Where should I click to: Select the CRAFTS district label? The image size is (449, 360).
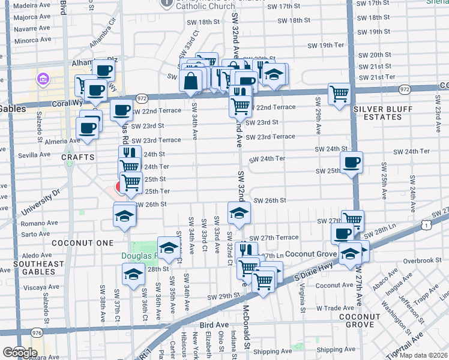(x=77, y=157)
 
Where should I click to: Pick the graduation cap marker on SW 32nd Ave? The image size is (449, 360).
(x=239, y=212)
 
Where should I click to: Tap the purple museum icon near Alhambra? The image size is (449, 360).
(x=42, y=79)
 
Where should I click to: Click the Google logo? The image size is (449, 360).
(x=20, y=353)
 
